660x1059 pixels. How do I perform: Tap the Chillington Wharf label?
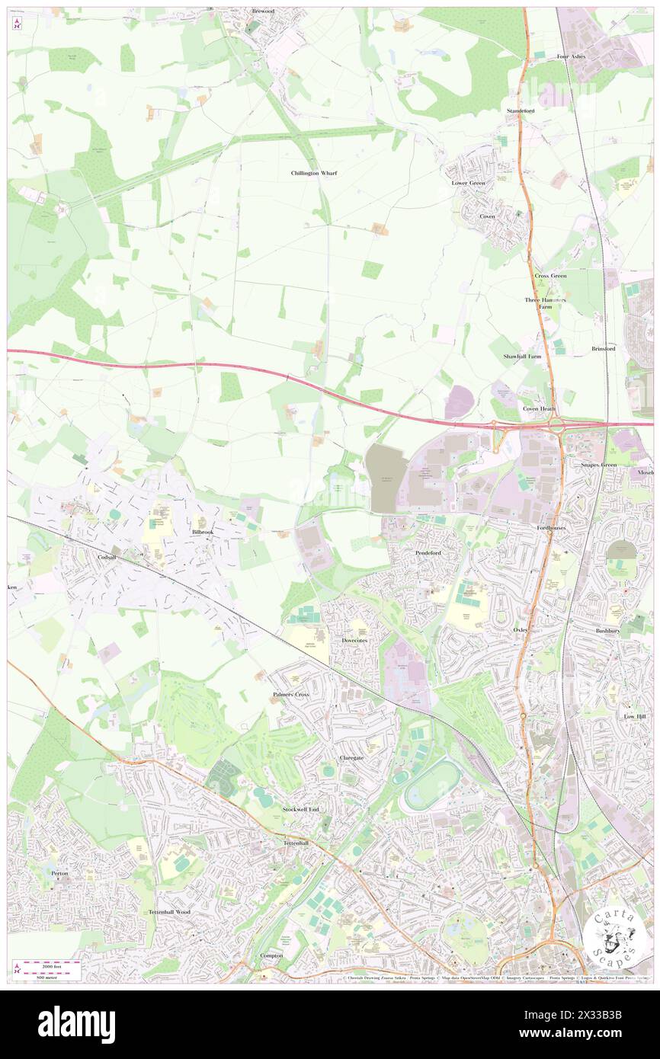coord(314,173)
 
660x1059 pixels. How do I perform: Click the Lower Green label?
coord(468,183)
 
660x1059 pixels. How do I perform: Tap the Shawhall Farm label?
coord(522,356)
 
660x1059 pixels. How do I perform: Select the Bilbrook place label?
coord(203,530)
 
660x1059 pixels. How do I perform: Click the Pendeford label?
coord(428,552)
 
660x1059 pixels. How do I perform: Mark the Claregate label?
coord(351,758)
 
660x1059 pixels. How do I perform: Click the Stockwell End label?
coord(300,808)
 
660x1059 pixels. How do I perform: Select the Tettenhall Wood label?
coord(169,911)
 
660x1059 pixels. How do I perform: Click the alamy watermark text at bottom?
coord(76,1025)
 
